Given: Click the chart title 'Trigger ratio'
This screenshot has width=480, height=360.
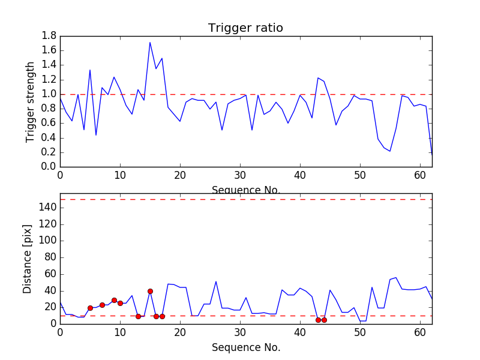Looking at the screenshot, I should point(245,28).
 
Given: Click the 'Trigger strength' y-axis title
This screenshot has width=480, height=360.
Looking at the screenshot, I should point(31,101).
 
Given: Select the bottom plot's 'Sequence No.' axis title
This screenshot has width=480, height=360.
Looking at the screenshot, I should point(245,347).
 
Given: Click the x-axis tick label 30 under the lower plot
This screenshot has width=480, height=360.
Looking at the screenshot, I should point(240,332).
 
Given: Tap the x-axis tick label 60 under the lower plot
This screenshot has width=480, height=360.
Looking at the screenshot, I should point(420,332).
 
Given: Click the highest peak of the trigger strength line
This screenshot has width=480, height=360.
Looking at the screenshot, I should point(150,42).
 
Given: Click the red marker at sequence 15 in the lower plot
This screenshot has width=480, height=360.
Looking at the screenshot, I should point(150,291).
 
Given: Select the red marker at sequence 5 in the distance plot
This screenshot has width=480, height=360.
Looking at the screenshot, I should point(90,308).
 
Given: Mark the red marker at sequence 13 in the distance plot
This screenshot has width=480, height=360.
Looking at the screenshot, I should point(138,316).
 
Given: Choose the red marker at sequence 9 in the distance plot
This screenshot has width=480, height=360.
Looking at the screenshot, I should point(114,300).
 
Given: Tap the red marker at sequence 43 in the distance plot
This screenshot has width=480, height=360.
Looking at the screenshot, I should point(318,320).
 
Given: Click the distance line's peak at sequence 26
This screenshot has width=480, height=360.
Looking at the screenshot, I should point(216,281).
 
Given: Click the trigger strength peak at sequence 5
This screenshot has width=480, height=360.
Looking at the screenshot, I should point(90,70).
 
